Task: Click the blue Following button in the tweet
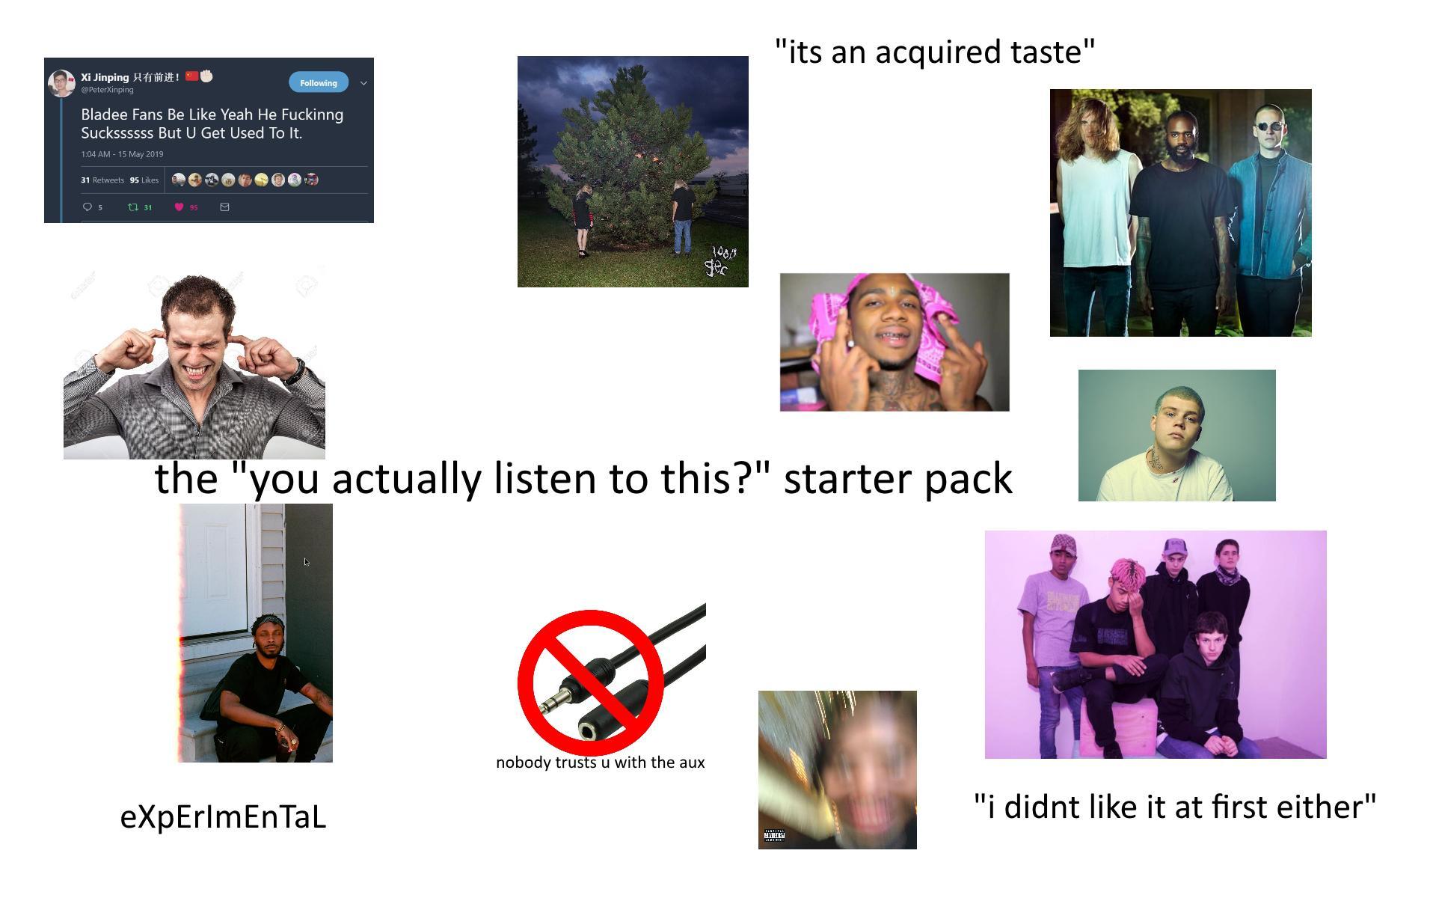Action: [318, 83]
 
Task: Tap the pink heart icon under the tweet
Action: [179, 207]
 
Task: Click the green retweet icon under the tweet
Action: [133, 207]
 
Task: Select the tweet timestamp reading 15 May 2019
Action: [122, 154]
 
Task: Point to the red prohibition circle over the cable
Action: [590, 682]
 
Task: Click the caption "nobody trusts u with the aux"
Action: [600, 763]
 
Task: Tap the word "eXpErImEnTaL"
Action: [223, 816]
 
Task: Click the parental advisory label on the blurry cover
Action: [774, 836]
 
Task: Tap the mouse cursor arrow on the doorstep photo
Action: [306, 562]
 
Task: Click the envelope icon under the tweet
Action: [224, 207]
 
